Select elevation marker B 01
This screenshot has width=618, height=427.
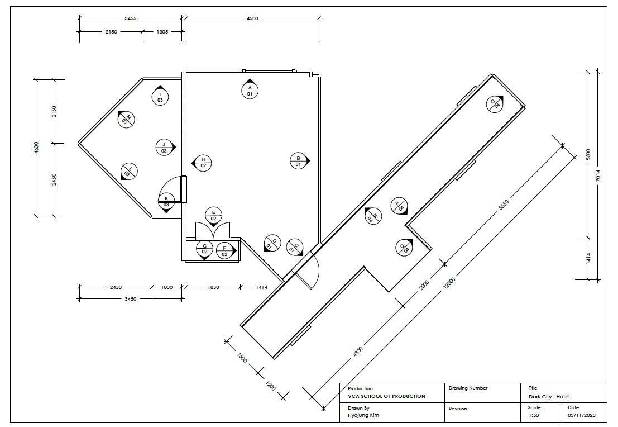click(299, 160)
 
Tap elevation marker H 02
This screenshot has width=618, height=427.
click(202, 162)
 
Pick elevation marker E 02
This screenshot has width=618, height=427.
click(213, 216)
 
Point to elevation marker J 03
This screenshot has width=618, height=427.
click(165, 147)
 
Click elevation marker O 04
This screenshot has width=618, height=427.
click(495, 104)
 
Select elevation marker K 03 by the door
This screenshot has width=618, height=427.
click(166, 202)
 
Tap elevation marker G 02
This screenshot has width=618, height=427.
click(204, 250)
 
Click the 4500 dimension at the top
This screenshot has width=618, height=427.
click(252, 18)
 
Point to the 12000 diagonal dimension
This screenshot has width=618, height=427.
click(449, 283)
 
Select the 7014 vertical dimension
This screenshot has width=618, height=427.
click(598, 175)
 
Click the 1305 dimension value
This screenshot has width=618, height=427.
click(162, 31)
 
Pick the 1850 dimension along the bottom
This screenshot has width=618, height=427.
click(213, 287)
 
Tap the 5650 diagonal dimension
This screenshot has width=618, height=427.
click(504, 205)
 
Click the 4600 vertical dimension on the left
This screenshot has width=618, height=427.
click(37, 148)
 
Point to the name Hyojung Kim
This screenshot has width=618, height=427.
click(363, 415)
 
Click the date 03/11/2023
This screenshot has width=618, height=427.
click(582, 415)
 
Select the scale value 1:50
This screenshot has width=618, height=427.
click(534, 415)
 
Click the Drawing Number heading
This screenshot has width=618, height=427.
click(468, 388)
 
